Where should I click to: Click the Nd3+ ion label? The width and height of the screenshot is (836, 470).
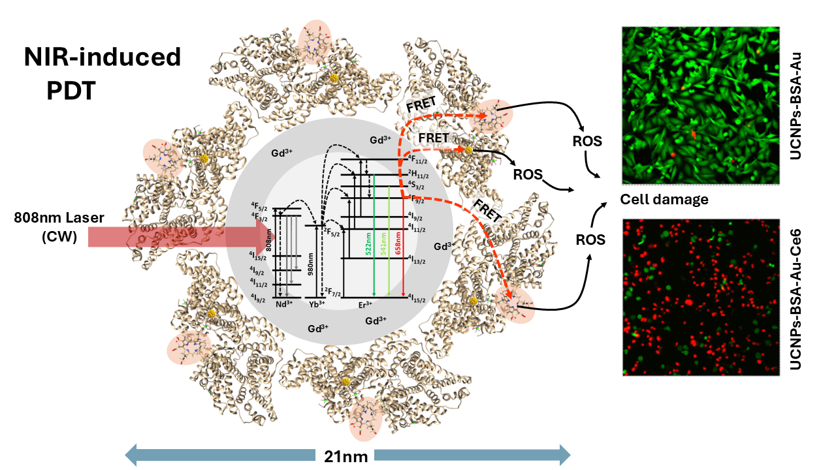[x=283, y=304]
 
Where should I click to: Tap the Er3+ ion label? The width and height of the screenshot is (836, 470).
[x=366, y=305]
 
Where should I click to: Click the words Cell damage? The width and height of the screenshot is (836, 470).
[x=664, y=200]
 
